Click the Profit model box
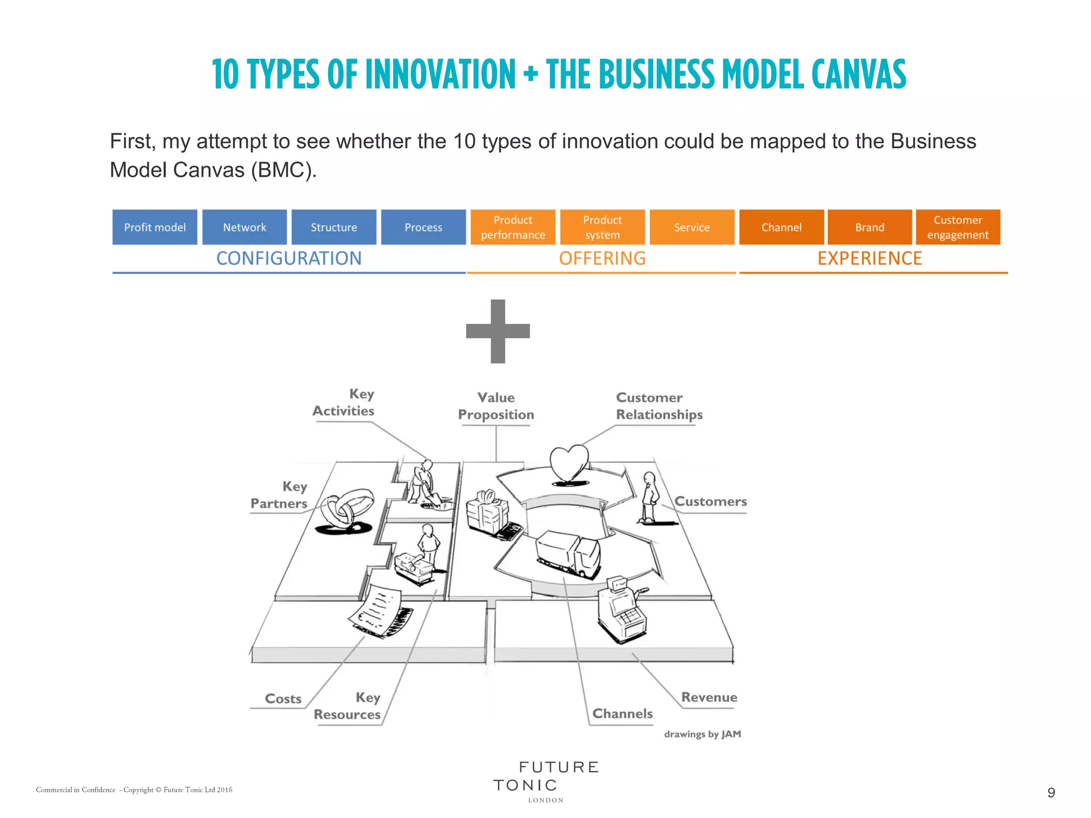tap(154, 227)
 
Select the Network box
tap(245, 227)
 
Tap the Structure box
tap(334, 227)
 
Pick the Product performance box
tap(513, 227)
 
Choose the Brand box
tap(869, 227)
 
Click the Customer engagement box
tap(958, 227)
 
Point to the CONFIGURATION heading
tap(289, 259)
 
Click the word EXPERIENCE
tap(869, 259)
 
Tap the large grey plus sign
tap(498, 331)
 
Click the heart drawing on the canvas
tap(569, 463)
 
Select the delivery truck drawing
tap(568, 554)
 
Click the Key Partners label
tap(280, 495)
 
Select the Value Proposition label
tap(496, 406)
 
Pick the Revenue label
tap(709, 698)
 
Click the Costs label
tap(283, 699)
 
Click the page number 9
tap(1051, 793)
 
